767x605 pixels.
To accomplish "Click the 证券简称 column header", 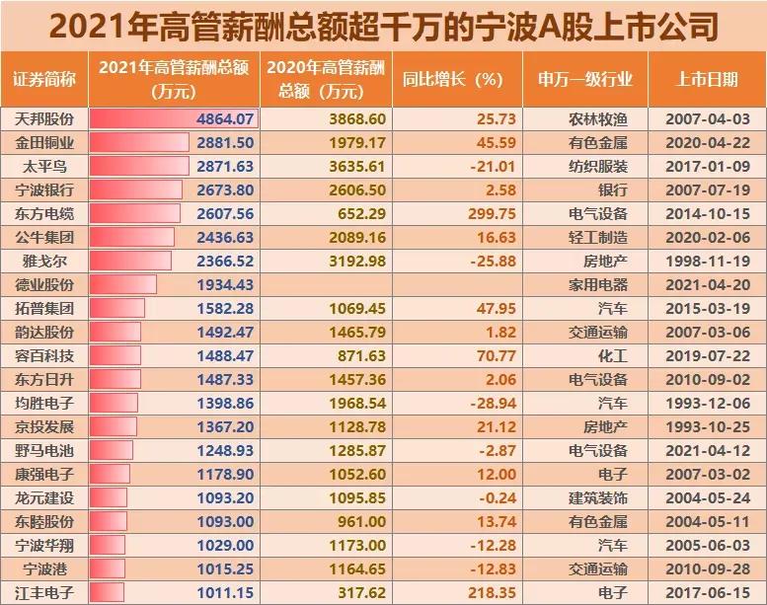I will pyautogui.click(x=43, y=79).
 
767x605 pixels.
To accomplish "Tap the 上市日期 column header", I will pyautogui.click(x=708, y=79).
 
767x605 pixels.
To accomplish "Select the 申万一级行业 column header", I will pyautogui.click(x=585, y=79).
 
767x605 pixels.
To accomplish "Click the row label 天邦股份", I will pyautogui.click(x=43, y=119).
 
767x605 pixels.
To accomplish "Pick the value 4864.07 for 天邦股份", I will pyautogui.click(x=226, y=119).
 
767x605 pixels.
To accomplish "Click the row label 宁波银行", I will pyautogui.click(x=43, y=189).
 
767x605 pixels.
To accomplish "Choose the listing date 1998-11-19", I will pyautogui.click(x=708, y=261).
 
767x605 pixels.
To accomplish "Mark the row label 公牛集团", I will pyautogui.click(x=43, y=237).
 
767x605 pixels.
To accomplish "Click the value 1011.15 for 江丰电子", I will pyautogui.click(x=226, y=593).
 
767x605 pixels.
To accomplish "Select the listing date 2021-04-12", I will pyautogui.click(x=708, y=451).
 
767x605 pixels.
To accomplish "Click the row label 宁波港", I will pyautogui.click(x=43, y=569).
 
